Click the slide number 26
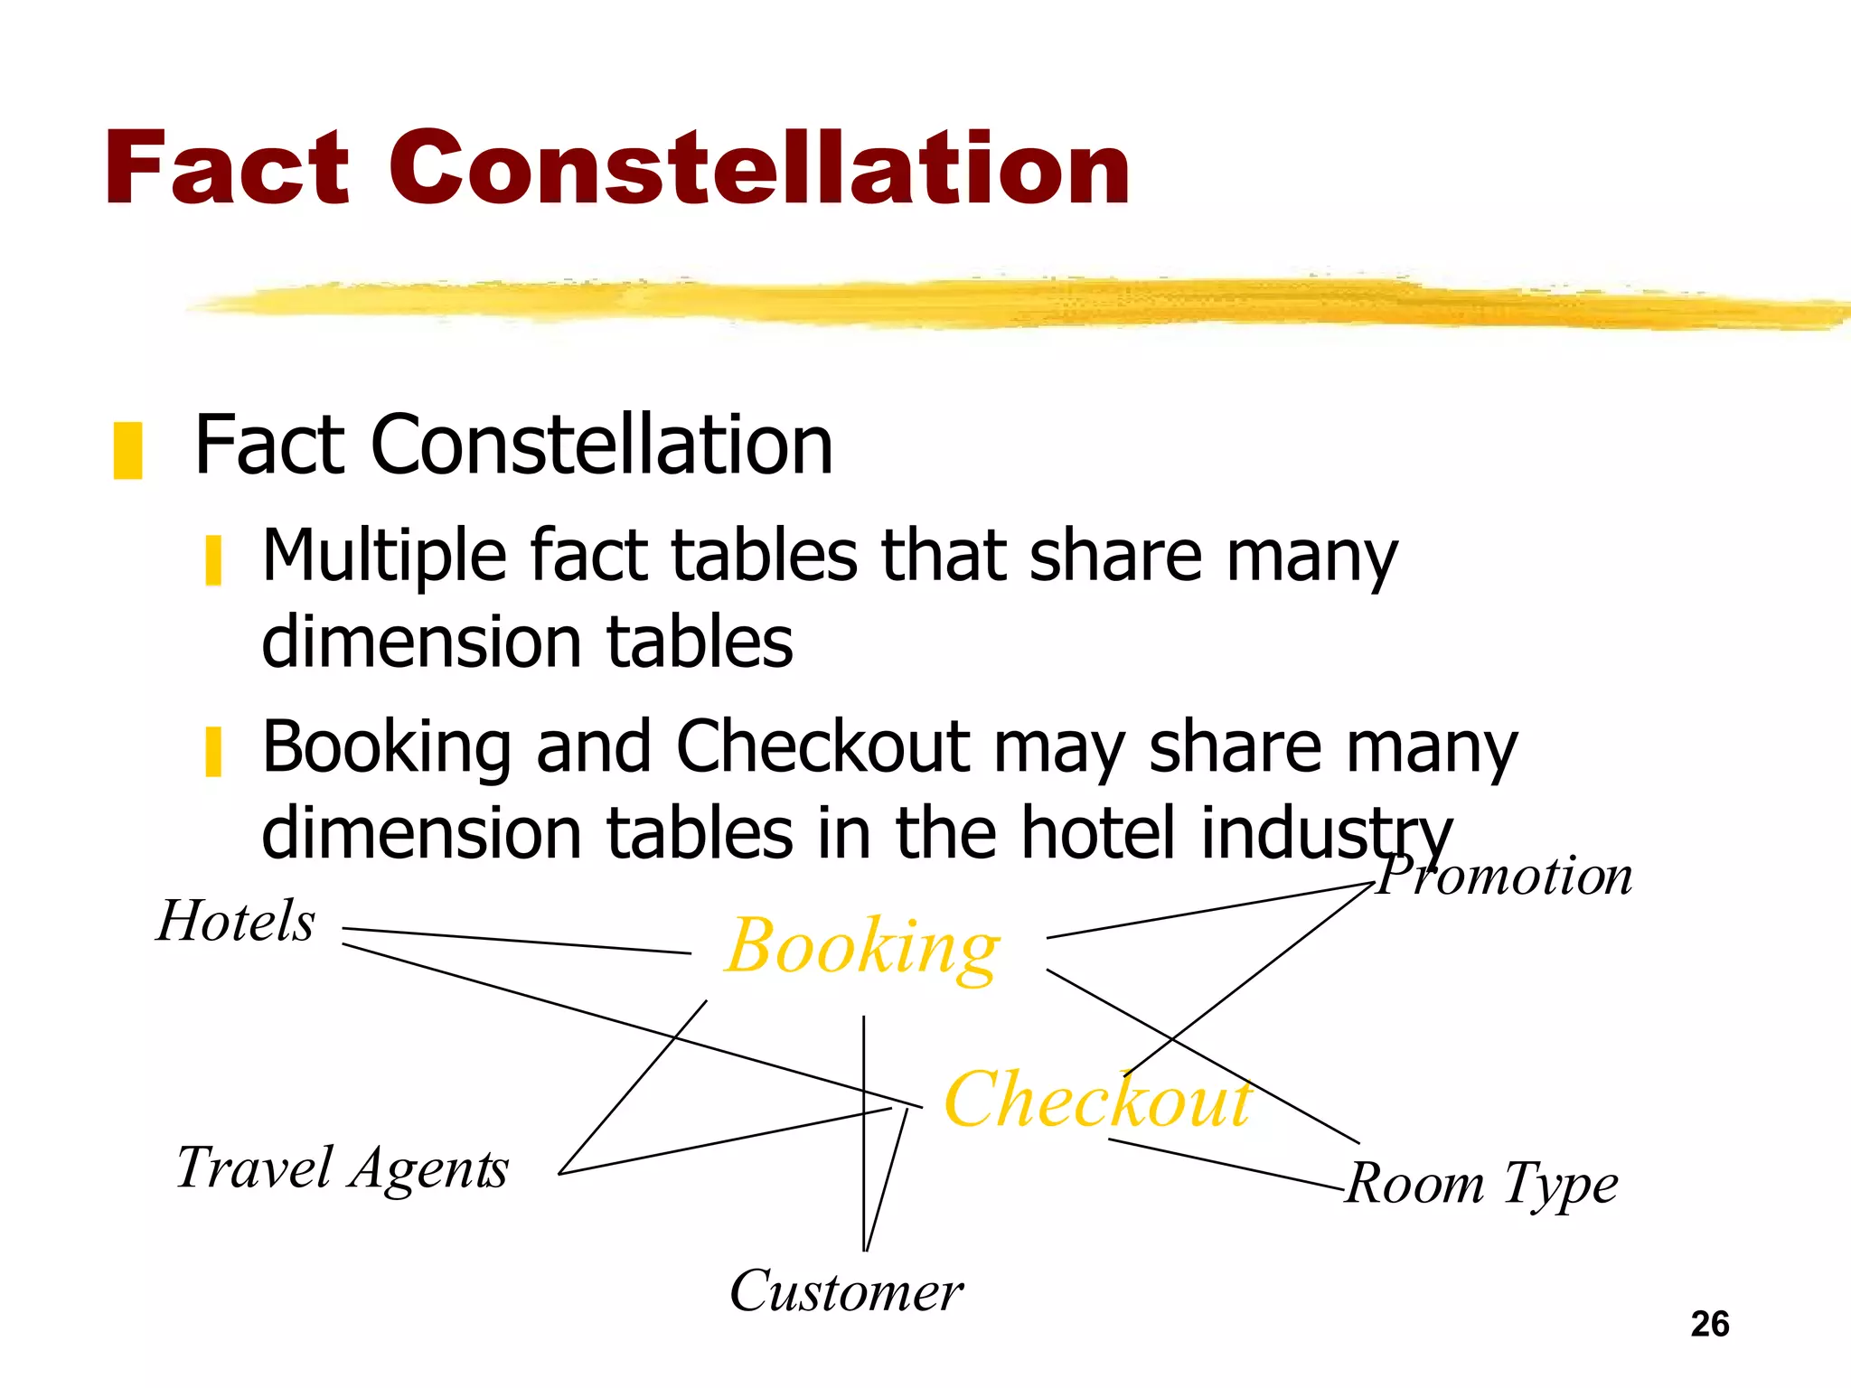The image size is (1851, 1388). coord(1709,1324)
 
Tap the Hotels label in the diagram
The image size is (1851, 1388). coord(236,921)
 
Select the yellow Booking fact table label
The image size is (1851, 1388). coord(862,947)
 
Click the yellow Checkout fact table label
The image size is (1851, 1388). coord(1097,1100)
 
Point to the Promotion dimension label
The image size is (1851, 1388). coord(1505,876)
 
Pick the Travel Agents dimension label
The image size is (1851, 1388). coord(342,1168)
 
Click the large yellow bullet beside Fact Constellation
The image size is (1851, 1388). coord(127,449)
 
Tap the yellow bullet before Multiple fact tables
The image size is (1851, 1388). coord(213,560)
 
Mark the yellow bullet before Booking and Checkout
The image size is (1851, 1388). coord(213,751)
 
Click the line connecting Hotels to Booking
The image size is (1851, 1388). coord(515,941)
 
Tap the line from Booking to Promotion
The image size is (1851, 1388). coord(1211,911)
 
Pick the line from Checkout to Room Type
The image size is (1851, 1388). coord(1225,1166)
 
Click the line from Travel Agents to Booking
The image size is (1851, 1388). coord(633,1087)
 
